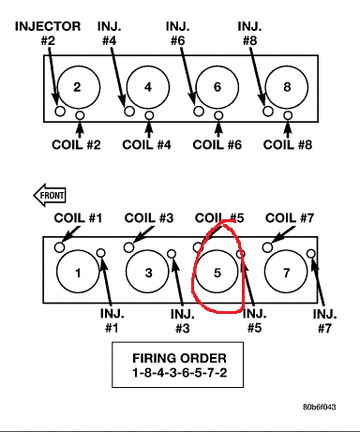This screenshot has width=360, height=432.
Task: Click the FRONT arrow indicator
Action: [50, 195]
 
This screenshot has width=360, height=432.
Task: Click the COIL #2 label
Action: [76, 145]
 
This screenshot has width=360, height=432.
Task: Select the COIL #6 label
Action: [217, 145]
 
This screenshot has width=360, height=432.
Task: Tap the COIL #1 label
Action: [78, 218]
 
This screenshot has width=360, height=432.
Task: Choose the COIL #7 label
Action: [290, 218]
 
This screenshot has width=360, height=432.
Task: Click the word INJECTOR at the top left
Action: [48, 26]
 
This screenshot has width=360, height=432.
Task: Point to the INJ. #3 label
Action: [183, 321]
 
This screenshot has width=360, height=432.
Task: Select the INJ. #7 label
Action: [325, 321]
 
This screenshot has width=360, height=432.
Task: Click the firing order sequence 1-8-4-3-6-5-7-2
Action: [179, 373]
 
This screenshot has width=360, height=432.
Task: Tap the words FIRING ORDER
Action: [179, 358]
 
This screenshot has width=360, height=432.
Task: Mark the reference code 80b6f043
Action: [320, 407]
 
